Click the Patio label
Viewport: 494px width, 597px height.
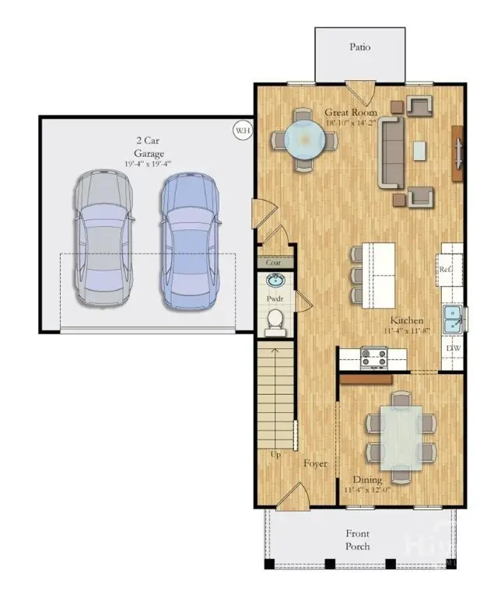359,47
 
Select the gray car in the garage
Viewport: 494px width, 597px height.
103,239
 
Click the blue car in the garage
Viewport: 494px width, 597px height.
189,239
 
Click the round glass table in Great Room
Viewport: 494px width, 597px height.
304,140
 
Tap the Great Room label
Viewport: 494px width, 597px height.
350,113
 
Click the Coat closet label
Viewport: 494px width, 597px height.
274,262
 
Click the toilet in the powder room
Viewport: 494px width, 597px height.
275,320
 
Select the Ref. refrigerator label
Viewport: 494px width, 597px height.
445,270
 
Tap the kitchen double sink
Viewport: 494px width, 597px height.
453,315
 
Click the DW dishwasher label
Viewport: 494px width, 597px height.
452,348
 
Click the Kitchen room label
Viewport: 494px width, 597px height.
406,320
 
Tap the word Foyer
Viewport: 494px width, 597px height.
315,464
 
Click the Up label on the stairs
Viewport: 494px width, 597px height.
275,455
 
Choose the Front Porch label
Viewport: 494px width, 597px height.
358,539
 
